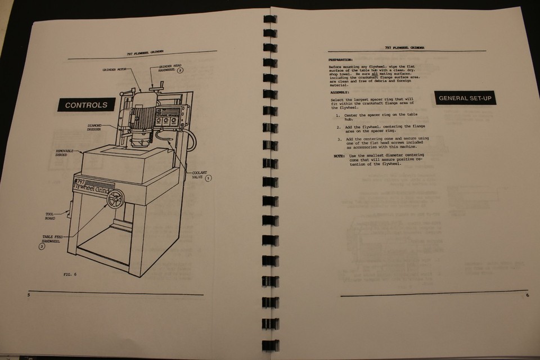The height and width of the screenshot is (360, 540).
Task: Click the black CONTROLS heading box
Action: (x=86, y=105)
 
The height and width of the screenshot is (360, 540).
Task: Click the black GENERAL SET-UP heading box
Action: (x=465, y=98)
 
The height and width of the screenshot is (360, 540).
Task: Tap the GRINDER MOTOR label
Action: (x=115, y=70)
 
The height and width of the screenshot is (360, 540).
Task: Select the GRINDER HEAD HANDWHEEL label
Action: (x=163, y=68)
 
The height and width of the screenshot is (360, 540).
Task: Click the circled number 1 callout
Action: (x=208, y=178)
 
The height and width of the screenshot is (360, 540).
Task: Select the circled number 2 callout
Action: (x=180, y=70)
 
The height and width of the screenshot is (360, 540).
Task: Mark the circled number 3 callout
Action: (x=42, y=246)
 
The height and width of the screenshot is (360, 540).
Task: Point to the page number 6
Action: (x=527, y=295)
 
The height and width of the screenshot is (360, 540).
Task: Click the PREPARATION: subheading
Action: (x=341, y=59)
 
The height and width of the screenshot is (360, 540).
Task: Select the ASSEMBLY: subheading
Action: (x=340, y=92)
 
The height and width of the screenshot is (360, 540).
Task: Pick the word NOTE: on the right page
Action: (x=339, y=155)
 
